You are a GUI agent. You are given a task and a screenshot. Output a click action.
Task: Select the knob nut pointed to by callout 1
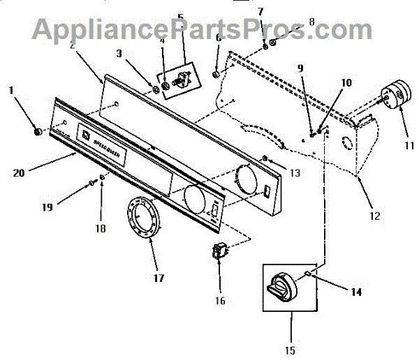(x=36, y=131)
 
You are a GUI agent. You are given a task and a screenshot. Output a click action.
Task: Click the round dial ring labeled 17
(x=144, y=219)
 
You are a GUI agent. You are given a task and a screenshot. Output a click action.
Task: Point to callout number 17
(x=159, y=278)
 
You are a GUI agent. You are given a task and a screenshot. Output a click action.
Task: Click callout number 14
(x=355, y=292)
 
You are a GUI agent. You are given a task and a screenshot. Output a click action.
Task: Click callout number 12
(x=374, y=216)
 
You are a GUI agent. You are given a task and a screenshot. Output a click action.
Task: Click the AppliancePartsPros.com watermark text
(x=203, y=29)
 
